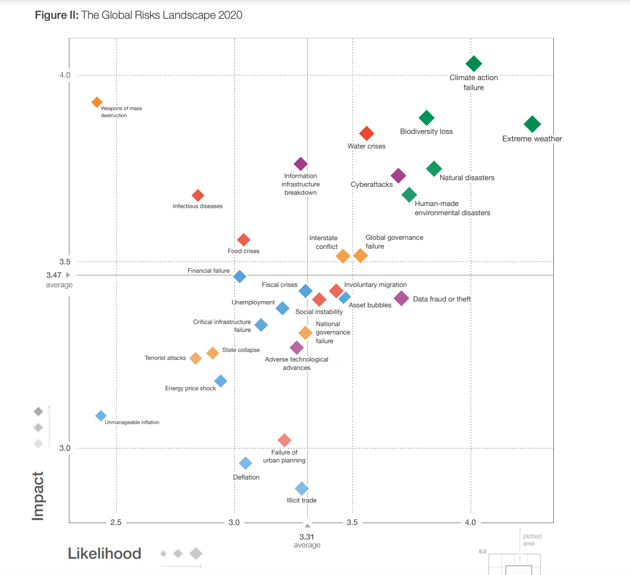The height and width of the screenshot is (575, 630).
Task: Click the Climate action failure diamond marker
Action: tap(474, 64)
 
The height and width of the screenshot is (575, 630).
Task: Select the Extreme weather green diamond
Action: tap(532, 124)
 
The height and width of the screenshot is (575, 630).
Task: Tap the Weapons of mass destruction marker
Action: tap(97, 102)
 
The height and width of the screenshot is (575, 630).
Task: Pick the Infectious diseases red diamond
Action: tap(198, 195)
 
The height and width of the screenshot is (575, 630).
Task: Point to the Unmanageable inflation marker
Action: tap(101, 416)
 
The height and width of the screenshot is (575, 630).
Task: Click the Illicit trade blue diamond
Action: tap(302, 488)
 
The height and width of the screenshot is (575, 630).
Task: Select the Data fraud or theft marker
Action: tap(401, 298)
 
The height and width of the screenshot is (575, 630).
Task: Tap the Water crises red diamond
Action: tap(367, 133)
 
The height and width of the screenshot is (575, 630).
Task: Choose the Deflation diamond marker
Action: tap(245, 463)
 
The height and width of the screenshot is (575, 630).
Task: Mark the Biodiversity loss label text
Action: tap(426, 131)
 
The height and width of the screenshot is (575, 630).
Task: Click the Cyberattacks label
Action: tap(372, 184)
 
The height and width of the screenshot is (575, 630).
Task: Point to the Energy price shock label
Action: tap(190, 388)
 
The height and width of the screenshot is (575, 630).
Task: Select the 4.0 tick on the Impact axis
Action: tap(65, 75)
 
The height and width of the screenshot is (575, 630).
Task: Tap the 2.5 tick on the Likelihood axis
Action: tap(116, 522)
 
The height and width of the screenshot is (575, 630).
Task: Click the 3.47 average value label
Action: tap(54, 275)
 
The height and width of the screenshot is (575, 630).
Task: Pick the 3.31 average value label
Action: tap(307, 537)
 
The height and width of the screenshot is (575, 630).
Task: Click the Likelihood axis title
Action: tap(105, 553)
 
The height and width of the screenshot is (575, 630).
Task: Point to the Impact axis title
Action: tap(38, 496)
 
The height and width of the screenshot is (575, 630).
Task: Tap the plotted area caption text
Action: tap(532, 540)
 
